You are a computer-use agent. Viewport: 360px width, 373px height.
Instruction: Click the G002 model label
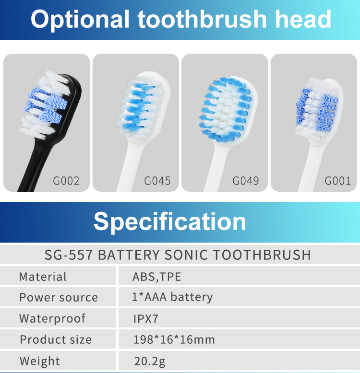[x=66, y=181]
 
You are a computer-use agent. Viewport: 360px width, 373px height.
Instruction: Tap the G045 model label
[x=157, y=181]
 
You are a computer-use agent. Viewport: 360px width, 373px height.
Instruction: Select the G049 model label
[x=245, y=181]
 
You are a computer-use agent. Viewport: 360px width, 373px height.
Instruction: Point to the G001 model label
[x=337, y=181]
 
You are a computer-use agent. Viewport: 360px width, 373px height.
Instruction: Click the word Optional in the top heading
[x=80, y=20]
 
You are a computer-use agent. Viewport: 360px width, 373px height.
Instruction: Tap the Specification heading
[x=170, y=221]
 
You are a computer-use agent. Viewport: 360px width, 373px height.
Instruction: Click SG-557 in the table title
[x=68, y=255]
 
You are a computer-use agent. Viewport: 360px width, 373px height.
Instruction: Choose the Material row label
[x=43, y=277]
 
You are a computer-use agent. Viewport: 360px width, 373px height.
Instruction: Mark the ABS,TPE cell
[x=156, y=277]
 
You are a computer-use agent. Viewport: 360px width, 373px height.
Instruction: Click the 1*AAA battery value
[x=172, y=297]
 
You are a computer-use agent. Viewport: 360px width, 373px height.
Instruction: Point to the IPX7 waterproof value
[x=146, y=319]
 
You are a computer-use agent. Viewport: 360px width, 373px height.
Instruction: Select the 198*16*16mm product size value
[x=174, y=339]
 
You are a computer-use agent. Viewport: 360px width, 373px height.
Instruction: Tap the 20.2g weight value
[x=150, y=361]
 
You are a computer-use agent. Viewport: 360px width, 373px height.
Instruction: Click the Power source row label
[x=59, y=297]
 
